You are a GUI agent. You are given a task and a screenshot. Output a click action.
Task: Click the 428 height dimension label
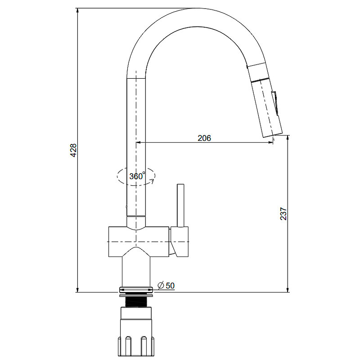point(73,150)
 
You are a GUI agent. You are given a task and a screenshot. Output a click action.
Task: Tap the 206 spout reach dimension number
point(204,138)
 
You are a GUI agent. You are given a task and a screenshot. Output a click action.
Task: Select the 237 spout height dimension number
point(283,214)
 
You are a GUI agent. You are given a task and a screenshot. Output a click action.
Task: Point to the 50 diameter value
point(170,286)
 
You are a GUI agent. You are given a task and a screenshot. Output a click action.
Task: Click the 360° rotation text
point(137,176)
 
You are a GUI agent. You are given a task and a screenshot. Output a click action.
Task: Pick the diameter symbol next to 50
point(161,285)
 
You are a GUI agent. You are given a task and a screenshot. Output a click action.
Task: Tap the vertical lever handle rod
point(180,206)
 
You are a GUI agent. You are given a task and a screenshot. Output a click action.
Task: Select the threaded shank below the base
point(136,301)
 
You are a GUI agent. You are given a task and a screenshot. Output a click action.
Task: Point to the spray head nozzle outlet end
point(273,135)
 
